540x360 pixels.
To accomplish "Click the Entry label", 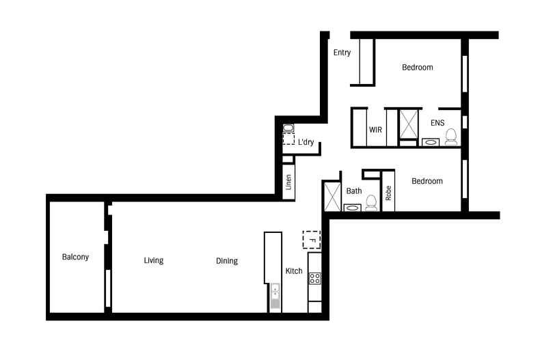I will coord(342,53).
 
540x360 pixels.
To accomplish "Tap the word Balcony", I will coord(75,258).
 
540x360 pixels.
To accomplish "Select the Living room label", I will coord(154,260).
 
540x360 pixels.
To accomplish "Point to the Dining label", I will coord(227,261).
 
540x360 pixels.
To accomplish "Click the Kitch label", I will coord(294,271).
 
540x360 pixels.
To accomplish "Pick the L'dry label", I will coord(306,142).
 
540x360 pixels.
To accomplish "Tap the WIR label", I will coord(375,129).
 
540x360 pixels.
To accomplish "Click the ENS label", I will coord(437,123).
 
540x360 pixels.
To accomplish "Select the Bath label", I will coord(354,191).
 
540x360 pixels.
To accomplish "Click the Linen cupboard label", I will coord(289,182).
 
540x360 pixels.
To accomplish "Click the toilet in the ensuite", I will coord(450,139).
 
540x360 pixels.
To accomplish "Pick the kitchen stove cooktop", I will coord(315,278).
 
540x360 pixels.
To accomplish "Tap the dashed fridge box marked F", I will coord(312,240).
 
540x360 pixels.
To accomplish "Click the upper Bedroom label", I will coord(417,68).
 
